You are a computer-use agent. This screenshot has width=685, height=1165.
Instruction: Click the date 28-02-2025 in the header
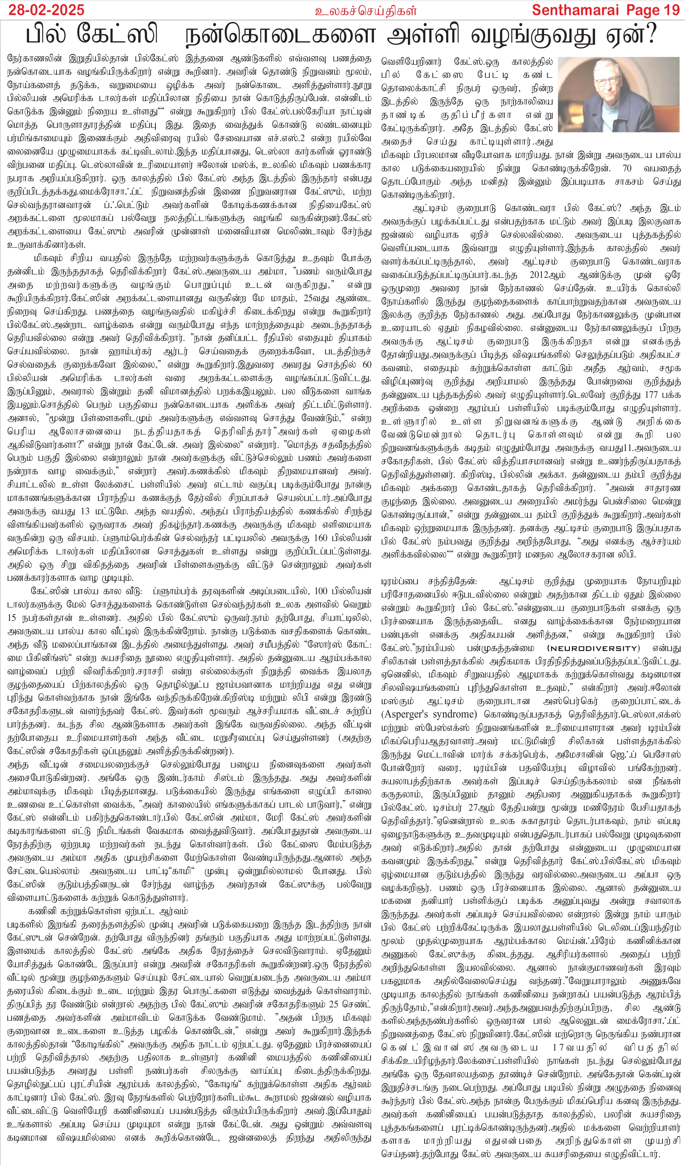coord(45,10)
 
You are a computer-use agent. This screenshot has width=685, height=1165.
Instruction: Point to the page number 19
coord(668,10)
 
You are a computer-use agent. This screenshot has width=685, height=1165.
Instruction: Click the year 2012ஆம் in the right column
coord(547,274)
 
